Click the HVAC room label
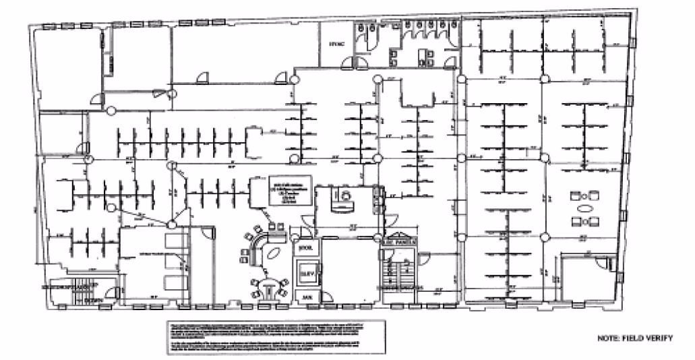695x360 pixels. (x=336, y=45)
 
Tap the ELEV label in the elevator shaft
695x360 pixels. (x=307, y=274)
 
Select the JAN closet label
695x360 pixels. (x=307, y=296)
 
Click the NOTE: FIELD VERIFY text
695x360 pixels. (x=634, y=338)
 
